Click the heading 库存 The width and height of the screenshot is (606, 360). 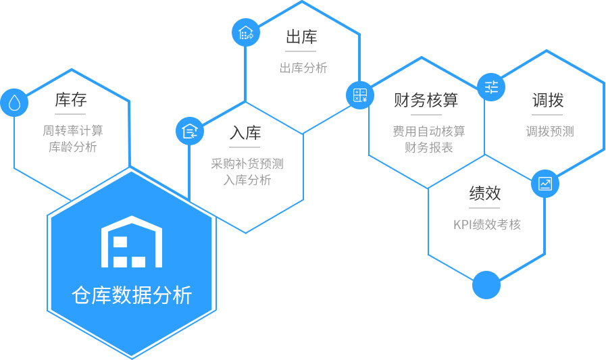click(x=71, y=100)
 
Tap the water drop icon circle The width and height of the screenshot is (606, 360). click(x=14, y=103)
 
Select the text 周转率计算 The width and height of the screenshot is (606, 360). click(x=73, y=130)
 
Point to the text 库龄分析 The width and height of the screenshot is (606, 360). click(x=73, y=147)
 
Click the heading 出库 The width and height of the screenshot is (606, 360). click(x=301, y=36)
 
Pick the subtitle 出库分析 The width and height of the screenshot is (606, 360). click(x=303, y=68)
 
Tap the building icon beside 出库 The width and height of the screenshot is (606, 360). click(x=246, y=32)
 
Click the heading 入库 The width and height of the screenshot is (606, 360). click(x=245, y=133)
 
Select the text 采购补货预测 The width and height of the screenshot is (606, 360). click(x=247, y=163)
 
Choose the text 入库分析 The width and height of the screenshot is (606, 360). click(x=247, y=180)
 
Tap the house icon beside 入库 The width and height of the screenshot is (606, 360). click(x=190, y=131)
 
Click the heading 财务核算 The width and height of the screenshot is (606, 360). click(x=426, y=100)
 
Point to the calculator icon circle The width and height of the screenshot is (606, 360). click(x=360, y=95)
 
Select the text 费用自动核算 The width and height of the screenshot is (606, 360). click(x=429, y=131)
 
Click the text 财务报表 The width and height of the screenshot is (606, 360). click(x=429, y=147)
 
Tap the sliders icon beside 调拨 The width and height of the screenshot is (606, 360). click(x=491, y=87)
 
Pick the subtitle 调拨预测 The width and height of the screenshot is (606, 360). click(x=550, y=131)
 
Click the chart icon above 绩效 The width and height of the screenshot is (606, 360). click(x=545, y=184)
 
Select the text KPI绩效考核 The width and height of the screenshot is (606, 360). click(x=487, y=224)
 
